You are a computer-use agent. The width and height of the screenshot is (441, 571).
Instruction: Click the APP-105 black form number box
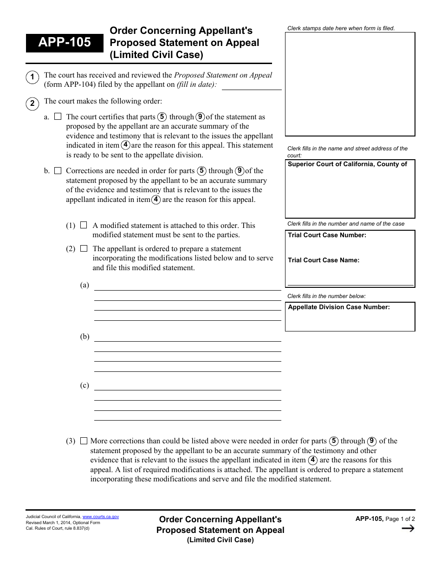click(65, 43)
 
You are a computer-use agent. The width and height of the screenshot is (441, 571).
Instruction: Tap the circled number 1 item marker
click(32, 78)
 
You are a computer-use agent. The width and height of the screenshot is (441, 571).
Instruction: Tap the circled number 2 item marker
click(32, 103)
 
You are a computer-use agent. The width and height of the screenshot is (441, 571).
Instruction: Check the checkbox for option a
click(58, 117)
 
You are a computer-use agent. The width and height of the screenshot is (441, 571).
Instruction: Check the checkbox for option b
click(58, 171)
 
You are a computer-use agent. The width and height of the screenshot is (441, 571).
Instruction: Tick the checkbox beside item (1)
click(84, 225)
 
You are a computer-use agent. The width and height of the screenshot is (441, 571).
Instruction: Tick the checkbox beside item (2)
click(84, 249)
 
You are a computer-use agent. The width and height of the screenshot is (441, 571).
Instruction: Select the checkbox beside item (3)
click(84, 441)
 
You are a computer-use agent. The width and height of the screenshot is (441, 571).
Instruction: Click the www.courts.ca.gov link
click(101, 517)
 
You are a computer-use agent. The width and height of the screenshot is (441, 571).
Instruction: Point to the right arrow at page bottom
click(408, 528)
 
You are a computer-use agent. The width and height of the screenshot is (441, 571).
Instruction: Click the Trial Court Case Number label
click(327, 235)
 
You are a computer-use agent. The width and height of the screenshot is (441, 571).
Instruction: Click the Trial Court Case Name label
click(324, 260)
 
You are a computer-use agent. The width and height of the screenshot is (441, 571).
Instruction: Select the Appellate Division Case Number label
click(339, 307)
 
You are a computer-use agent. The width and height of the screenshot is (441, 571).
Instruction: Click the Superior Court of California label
click(347, 164)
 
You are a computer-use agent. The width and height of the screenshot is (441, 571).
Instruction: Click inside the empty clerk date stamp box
click(350, 84)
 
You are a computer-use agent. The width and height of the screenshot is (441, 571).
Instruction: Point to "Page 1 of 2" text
click(400, 519)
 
